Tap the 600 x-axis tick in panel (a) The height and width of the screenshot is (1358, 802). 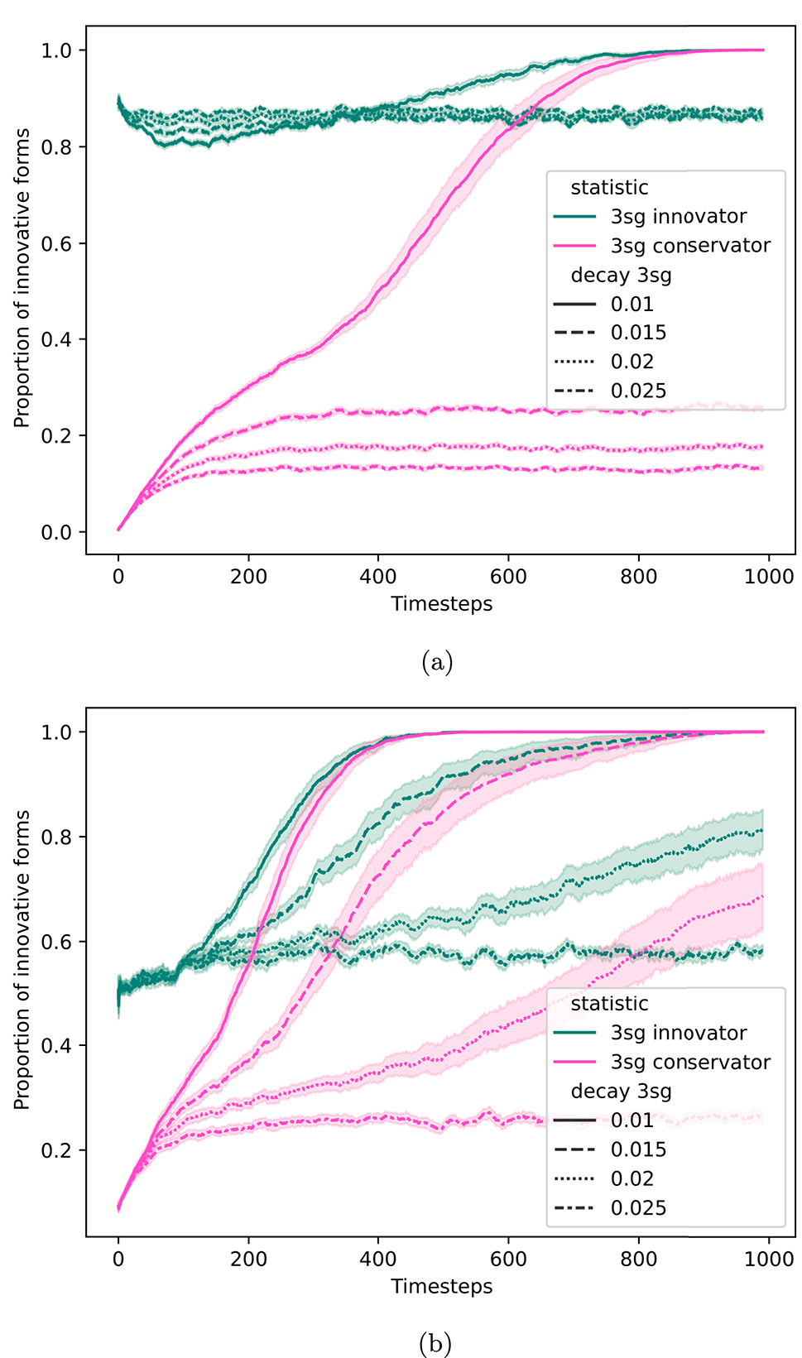[x=508, y=577]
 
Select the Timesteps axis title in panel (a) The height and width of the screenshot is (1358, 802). [x=441, y=604]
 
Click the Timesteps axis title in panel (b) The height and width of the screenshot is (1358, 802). [x=441, y=1286]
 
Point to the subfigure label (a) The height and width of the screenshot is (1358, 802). [x=437, y=661]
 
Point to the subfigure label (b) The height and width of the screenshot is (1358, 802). [x=436, y=1342]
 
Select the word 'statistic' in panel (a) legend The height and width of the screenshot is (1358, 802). [x=609, y=188]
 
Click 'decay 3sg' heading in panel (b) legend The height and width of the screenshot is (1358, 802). [x=621, y=1092]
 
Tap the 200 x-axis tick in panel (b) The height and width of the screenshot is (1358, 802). [x=248, y=1259]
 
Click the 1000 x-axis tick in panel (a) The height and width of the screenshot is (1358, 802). [x=769, y=577]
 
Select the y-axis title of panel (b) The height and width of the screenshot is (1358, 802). [x=22, y=960]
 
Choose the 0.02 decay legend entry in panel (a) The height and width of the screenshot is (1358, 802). [x=632, y=362]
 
